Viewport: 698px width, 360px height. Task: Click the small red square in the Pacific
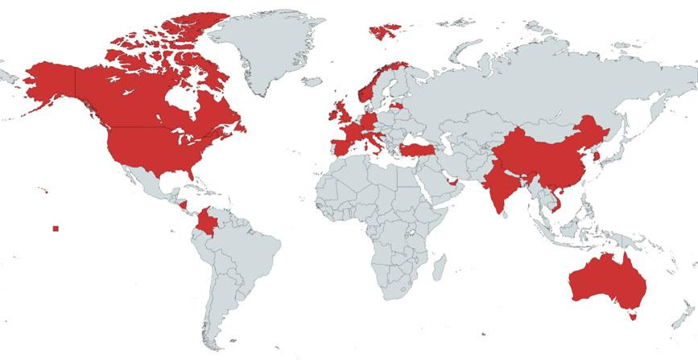[56, 229]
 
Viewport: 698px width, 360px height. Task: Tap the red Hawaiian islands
[45, 190]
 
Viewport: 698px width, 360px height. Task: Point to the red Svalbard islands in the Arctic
[385, 31]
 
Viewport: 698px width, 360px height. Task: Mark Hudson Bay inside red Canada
[182, 100]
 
